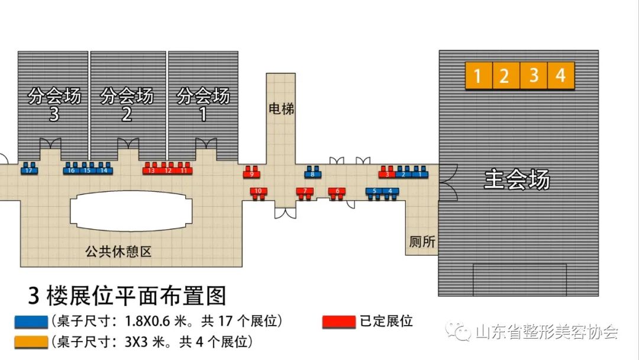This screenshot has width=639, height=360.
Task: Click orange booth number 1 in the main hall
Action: (479, 76)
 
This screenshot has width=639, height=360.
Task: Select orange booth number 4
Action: (561, 76)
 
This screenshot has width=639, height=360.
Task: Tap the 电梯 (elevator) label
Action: (280, 109)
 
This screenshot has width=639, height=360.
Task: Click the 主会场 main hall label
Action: (517, 179)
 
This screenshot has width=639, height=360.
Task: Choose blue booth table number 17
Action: (28, 171)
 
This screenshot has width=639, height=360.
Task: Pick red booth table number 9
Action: (251, 174)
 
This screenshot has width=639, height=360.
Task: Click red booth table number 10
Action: (259, 191)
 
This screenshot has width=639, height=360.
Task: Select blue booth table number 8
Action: (312, 174)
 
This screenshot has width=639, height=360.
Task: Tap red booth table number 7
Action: (305, 191)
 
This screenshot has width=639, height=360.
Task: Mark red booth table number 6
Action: (337, 191)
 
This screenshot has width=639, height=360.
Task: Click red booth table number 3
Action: (388, 174)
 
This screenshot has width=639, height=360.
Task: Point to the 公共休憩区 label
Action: (118, 252)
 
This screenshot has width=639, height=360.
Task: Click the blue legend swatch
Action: (31, 322)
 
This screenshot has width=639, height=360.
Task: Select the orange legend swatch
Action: (31, 342)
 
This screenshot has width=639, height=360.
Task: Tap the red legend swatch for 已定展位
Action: (338, 322)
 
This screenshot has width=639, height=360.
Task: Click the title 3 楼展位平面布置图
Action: (127, 295)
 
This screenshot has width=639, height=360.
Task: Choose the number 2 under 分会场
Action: (127, 114)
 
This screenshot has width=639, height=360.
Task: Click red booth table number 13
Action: (151, 171)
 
